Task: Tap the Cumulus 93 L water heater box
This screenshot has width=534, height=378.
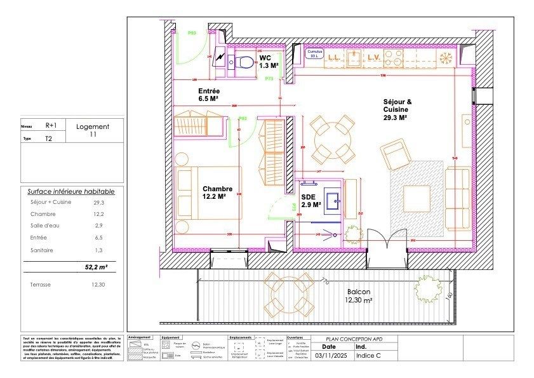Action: (313, 54)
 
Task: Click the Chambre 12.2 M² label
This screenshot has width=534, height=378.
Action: (217, 192)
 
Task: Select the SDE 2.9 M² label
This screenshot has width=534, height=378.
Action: (310, 201)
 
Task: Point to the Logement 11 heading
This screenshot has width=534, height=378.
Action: (93, 130)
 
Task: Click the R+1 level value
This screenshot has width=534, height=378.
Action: (50, 126)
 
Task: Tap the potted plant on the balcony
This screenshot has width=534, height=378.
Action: (427, 290)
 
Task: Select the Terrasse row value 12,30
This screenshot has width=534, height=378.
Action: (98, 285)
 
